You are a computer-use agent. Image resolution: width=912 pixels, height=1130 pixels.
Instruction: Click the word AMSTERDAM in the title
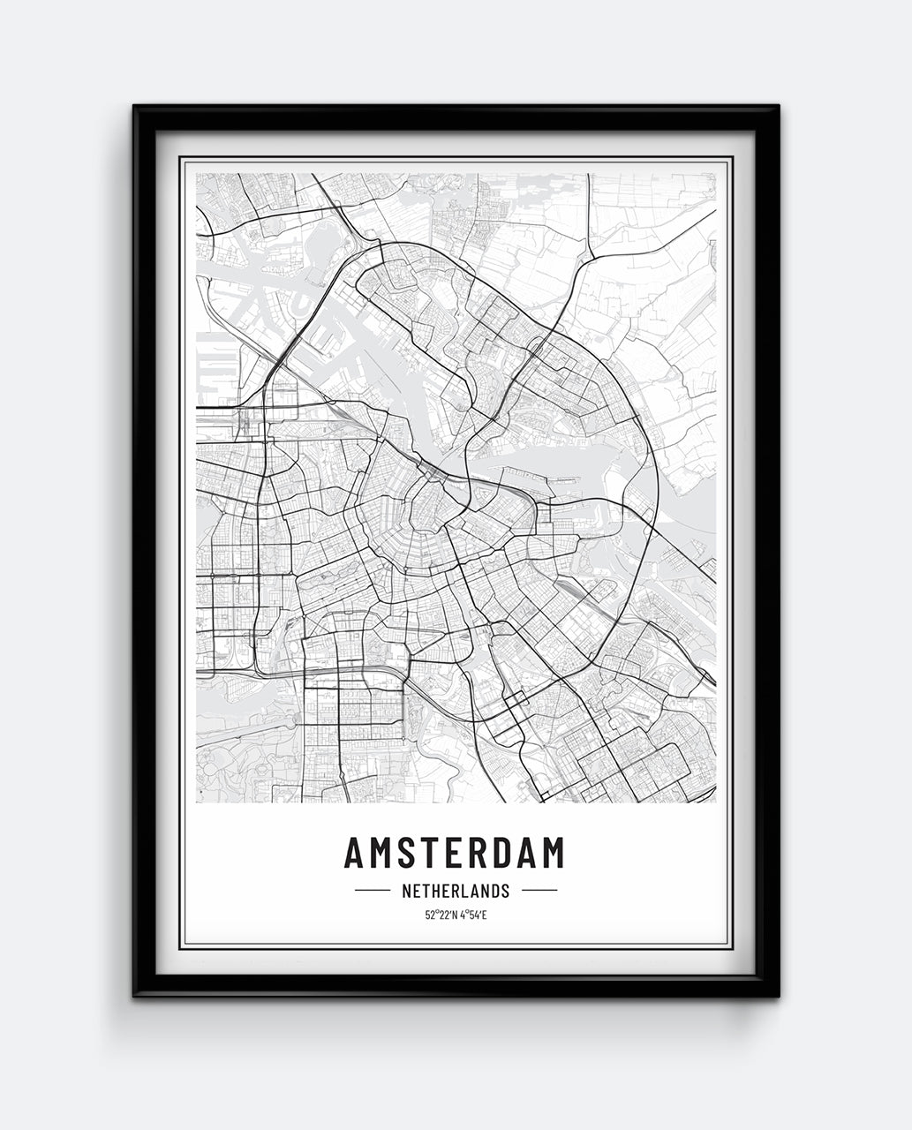pyautogui.click(x=454, y=853)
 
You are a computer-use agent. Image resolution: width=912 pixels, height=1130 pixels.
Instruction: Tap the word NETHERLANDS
pyautogui.click(x=456, y=891)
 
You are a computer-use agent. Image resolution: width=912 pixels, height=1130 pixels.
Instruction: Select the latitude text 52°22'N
pyautogui.click(x=440, y=915)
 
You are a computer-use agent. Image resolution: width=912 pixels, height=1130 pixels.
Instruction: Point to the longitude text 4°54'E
pyautogui.click(x=472, y=915)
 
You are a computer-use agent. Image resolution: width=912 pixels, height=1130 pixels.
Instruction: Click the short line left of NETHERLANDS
pyautogui.click(x=372, y=891)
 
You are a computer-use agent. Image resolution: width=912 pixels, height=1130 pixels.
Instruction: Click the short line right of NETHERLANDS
pyautogui.click(x=539, y=891)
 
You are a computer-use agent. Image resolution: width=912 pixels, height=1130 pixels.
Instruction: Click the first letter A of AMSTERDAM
pyautogui.click(x=354, y=853)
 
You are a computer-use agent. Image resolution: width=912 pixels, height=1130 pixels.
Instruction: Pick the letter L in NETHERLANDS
pyautogui.click(x=464, y=891)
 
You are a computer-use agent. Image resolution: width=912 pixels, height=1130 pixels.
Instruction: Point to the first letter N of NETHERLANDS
pyautogui.click(x=406, y=891)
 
